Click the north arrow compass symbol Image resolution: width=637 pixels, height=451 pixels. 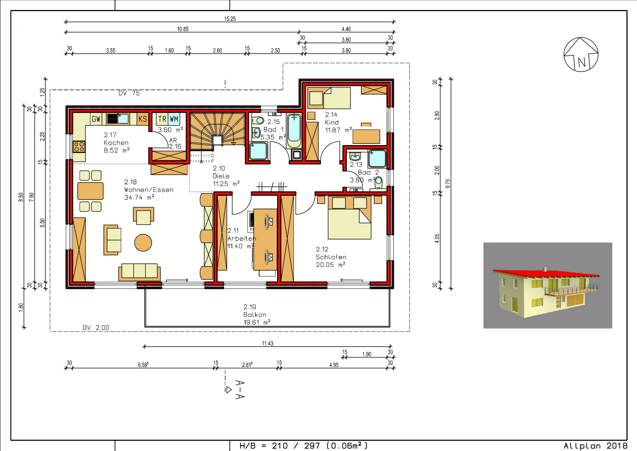tap(581, 54)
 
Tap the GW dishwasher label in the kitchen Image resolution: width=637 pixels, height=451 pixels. tap(96, 119)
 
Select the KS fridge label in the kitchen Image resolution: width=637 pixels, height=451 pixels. tap(143, 119)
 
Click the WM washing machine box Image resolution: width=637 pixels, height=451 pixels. tap(174, 119)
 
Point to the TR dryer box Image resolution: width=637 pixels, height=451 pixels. tap(162, 119)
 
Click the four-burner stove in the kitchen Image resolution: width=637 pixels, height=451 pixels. tap(79, 147)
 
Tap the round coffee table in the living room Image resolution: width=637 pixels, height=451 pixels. tap(143, 243)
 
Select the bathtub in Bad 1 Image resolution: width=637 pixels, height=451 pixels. tap(294, 131)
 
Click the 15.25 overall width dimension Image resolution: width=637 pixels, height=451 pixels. tap(230, 19)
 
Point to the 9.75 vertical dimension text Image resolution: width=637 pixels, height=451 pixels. tap(448, 184)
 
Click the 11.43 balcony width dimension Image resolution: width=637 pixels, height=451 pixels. tap(267, 343)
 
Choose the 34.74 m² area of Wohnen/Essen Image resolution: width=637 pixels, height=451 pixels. tap(139, 197)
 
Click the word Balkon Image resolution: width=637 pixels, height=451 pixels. tap(255, 315)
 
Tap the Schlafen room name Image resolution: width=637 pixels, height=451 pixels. tap(331, 257)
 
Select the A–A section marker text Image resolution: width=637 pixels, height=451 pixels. tap(240, 390)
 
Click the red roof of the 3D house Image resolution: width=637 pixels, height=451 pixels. tap(546, 273)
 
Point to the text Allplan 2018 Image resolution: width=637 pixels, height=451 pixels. tap(596, 445)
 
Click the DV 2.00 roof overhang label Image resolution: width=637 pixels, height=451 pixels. tap(96, 327)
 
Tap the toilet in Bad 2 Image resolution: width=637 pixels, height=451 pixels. tap(379, 182)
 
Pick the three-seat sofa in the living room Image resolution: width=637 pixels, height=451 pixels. tap(139, 272)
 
